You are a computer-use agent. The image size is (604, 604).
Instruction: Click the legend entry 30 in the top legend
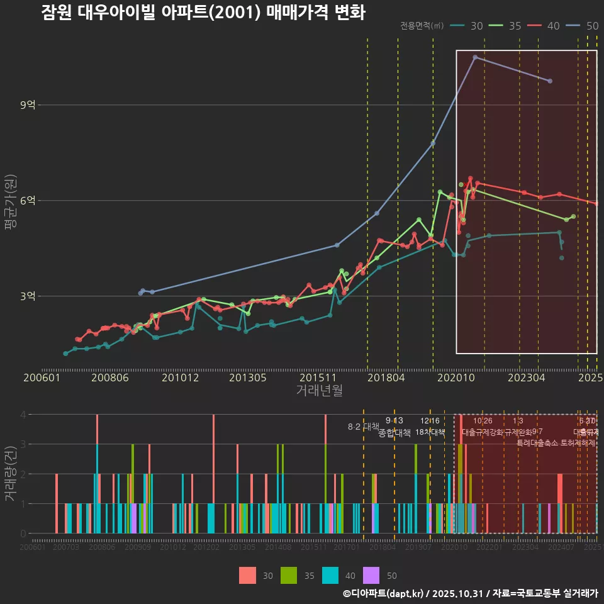coord(476,26)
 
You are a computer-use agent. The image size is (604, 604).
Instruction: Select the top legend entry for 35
coord(515,26)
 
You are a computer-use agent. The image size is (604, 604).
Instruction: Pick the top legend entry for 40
coord(553,26)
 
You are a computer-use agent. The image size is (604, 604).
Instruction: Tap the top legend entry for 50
coord(591,26)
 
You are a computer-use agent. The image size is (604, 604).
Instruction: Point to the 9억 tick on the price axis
coord(28,105)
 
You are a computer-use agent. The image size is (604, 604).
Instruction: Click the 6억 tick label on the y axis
coord(28,201)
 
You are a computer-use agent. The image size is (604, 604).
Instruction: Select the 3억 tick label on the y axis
coord(28,296)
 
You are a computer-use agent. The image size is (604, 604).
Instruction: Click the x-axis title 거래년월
coord(319,390)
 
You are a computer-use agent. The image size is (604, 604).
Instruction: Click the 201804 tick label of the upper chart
coord(385,378)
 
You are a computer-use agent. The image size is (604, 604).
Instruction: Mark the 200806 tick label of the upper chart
coord(110,378)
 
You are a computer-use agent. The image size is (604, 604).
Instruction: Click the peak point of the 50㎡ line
coord(475,57)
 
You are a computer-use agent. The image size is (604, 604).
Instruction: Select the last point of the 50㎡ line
coord(550,81)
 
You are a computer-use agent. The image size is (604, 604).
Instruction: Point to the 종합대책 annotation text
coord(394,433)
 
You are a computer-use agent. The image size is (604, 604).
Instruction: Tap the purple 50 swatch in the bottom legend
coord(372,575)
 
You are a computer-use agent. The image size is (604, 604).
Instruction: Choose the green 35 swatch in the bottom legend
coord(289,575)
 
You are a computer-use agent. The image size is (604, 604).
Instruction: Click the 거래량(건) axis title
coord(10,474)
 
